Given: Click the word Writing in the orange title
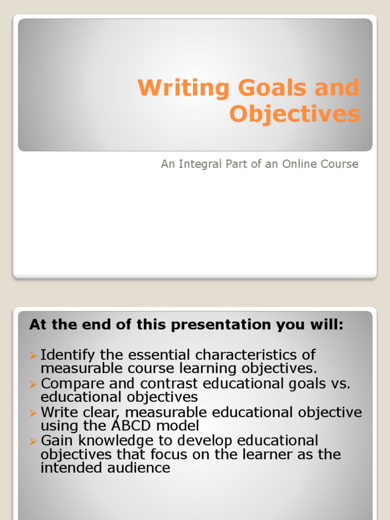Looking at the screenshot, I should (x=177, y=88).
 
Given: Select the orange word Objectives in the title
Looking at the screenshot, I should (x=295, y=114).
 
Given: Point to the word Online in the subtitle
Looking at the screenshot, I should (x=297, y=164).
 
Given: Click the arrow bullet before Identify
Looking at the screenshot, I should (x=34, y=354).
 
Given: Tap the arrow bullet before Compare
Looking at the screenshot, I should (x=34, y=383).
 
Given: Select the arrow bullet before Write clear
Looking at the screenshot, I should (x=34, y=412).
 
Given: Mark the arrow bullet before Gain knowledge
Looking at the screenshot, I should (x=34, y=440).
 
